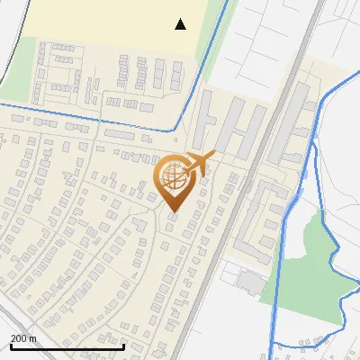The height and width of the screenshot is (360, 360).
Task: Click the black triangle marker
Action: pos(181,24)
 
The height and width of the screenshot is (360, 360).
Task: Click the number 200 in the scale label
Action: pos(20,338)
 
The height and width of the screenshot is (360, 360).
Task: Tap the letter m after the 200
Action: pos(33,338)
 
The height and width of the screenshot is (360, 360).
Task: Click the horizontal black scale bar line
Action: pos(67,346)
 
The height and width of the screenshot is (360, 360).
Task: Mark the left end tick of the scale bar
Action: pos(11,345)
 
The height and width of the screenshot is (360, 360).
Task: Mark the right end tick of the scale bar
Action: pos(123,345)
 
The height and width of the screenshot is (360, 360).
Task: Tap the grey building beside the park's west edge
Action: pos(251,282)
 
